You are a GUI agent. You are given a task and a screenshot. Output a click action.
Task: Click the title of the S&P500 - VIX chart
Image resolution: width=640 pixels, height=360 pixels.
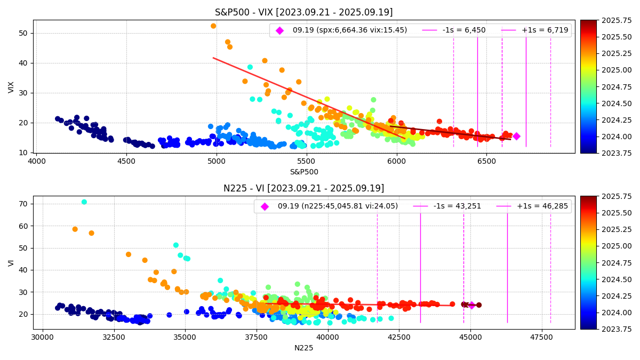303,12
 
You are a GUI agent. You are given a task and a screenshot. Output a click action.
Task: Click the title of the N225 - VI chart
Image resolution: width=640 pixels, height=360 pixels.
303,188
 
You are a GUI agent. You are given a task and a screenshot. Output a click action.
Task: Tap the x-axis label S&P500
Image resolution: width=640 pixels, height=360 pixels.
303,172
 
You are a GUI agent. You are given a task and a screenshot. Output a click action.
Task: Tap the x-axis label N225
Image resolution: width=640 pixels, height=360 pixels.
303,348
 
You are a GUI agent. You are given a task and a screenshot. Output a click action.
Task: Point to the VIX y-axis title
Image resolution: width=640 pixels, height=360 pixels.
12,87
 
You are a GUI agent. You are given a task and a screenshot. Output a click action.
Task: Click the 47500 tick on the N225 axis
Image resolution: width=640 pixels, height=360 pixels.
542,337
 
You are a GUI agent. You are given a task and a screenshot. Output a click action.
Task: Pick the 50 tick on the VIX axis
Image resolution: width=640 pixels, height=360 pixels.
23,33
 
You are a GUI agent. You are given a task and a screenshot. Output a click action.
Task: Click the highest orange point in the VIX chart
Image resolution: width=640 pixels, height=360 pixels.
213,26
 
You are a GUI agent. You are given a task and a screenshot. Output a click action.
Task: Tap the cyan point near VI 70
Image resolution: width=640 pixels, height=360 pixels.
84,202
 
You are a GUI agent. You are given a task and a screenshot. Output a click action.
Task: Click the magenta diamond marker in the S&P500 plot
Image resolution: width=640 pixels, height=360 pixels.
516,136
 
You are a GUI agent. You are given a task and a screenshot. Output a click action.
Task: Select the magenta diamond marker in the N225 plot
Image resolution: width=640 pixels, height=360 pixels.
471,305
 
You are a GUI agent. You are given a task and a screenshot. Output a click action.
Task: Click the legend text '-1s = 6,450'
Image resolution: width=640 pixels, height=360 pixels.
465,30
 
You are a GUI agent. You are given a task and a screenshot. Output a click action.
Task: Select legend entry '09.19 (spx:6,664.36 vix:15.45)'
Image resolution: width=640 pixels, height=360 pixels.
349,30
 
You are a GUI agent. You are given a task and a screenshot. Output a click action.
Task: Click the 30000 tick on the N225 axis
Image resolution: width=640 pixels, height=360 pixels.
43,337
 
